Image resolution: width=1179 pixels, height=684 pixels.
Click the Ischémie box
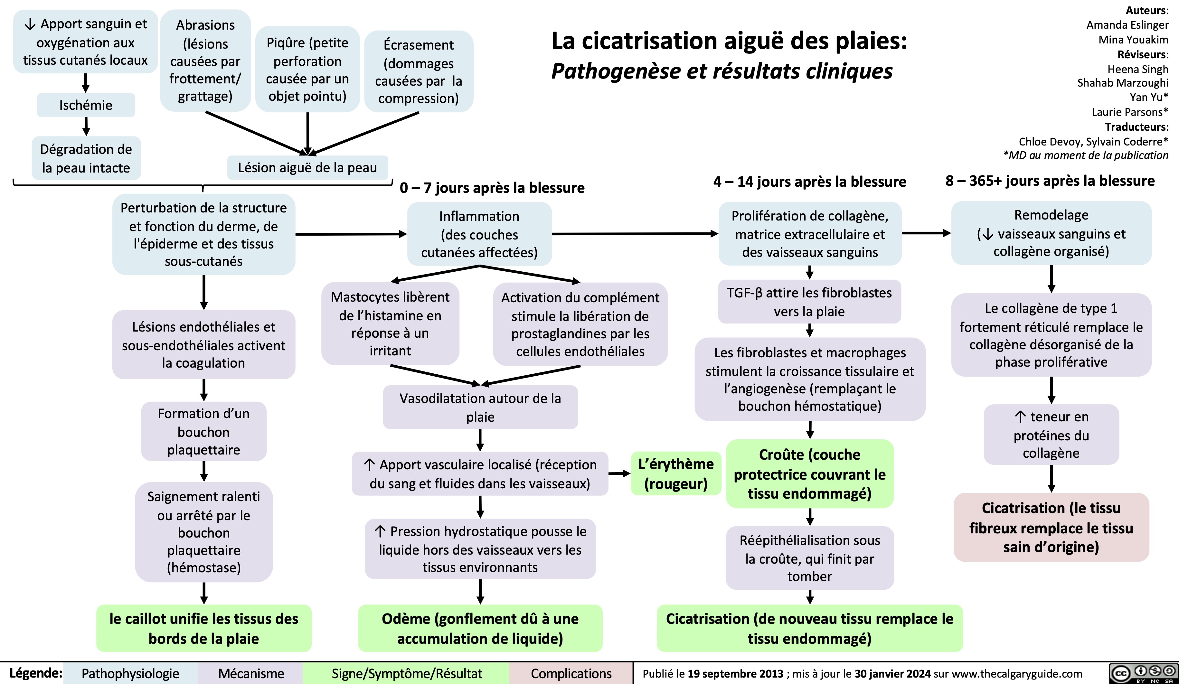[x=86, y=105]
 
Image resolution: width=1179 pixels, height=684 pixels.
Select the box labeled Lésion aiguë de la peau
[x=307, y=167]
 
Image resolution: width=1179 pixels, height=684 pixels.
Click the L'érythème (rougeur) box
[x=675, y=473]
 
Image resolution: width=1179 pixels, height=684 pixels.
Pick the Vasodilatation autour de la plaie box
[x=480, y=407]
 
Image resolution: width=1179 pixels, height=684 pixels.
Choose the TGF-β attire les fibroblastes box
[x=809, y=302]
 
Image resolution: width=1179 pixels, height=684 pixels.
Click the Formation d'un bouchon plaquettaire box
[x=203, y=431]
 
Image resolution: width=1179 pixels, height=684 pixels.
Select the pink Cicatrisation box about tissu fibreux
[x=1051, y=527]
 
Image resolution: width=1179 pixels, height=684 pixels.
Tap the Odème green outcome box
[x=480, y=628]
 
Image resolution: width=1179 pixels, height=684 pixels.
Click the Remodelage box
[x=1051, y=233]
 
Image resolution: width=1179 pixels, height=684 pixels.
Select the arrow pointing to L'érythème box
[x=620, y=474]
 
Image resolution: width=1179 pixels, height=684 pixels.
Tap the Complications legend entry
[x=571, y=674]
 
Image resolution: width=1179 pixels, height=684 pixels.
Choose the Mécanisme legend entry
[x=251, y=674]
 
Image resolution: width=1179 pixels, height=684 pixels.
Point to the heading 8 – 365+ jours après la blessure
[x=1050, y=181]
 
